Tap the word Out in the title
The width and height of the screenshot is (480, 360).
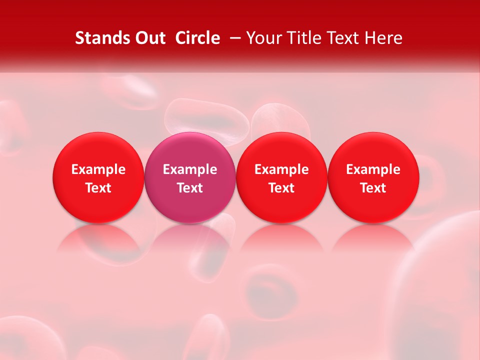coord(149,38)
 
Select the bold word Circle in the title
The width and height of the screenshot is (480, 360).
coord(197,38)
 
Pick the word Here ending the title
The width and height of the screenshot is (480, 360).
coord(384,38)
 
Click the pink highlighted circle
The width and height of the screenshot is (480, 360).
coord(190,177)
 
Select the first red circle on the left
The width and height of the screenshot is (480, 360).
coord(98,177)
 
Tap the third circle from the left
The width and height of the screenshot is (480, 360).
coord(281,177)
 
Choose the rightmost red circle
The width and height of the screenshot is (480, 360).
coord(373,177)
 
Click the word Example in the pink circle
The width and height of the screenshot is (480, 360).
coord(190,169)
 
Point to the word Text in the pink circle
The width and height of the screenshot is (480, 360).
coord(190,188)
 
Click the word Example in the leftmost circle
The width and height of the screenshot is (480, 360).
coord(98,169)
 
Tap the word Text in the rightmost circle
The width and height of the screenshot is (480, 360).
coord(373,188)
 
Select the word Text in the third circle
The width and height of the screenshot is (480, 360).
coord(281,188)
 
